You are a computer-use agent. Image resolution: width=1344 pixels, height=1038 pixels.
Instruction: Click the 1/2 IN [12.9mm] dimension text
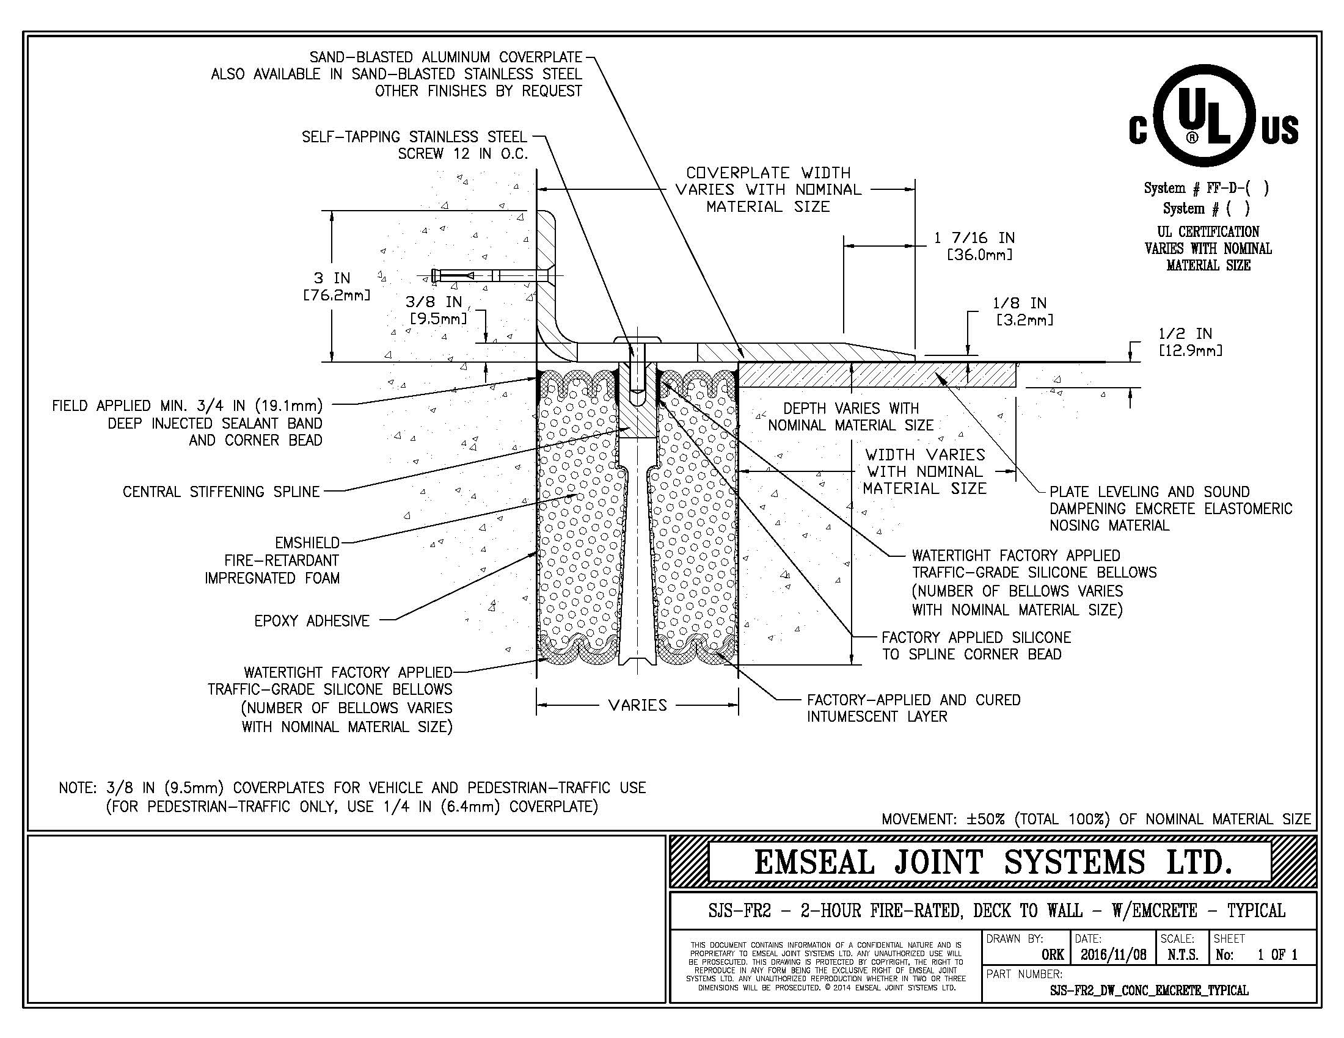(1189, 342)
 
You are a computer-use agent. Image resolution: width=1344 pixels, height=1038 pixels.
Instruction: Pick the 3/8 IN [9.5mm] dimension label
(438, 310)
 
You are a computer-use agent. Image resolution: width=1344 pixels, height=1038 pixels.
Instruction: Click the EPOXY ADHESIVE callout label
(312, 621)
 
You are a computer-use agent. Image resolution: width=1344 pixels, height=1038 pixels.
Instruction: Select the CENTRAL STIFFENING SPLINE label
(222, 492)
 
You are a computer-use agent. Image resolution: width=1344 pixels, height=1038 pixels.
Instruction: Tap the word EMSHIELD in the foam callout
(308, 543)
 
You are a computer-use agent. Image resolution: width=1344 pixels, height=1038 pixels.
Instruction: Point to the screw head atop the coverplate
(638, 339)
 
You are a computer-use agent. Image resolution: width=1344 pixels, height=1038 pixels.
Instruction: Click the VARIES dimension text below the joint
(638, 705)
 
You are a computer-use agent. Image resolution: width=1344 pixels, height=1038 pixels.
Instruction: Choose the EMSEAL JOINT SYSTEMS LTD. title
(993, 862)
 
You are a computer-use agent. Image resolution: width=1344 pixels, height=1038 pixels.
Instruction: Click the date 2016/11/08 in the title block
(1114, 955)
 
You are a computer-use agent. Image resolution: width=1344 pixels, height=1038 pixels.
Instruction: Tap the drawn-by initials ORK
(1053, 955)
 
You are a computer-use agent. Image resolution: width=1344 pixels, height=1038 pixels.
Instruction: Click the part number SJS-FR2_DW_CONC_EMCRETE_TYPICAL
(1149, 990)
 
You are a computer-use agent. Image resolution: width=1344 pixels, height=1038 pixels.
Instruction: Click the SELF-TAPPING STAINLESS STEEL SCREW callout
(415, 145)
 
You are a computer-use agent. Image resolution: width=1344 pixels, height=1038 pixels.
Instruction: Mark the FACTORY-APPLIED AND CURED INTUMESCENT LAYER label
(914, 708)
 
